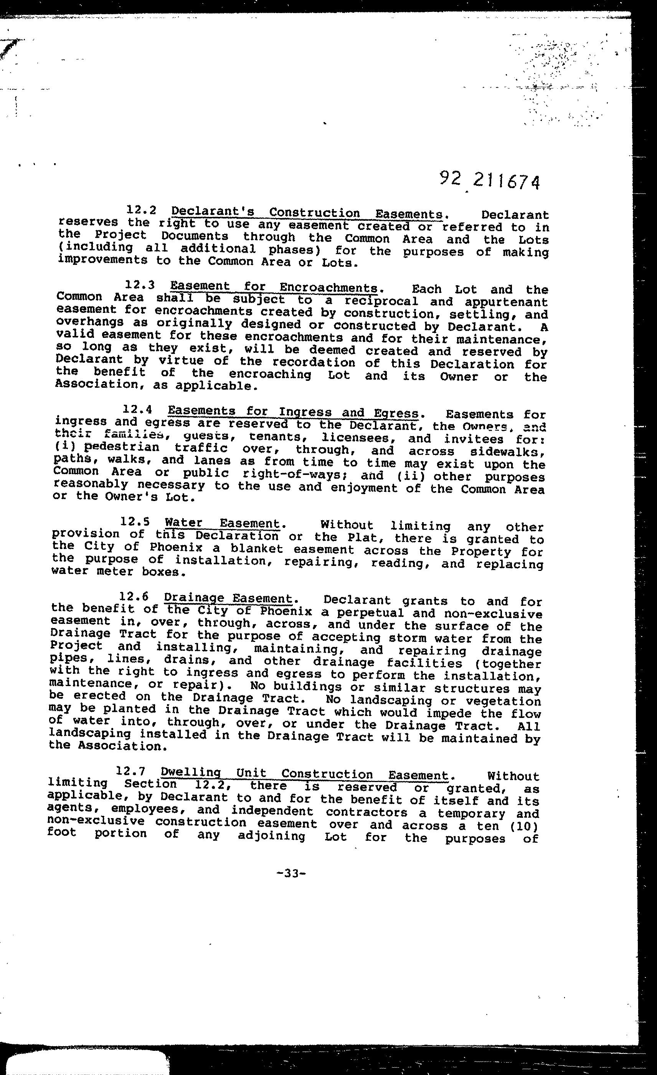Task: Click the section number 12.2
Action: (141, 210)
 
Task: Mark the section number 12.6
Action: (134, 596)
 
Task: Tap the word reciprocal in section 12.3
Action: (381, 301)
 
